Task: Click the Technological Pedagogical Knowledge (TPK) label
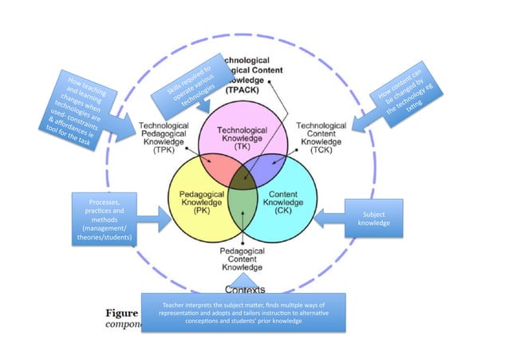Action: tap(164, 137)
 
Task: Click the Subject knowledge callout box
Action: tap(373, 219)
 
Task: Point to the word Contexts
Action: tap(246, 289)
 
